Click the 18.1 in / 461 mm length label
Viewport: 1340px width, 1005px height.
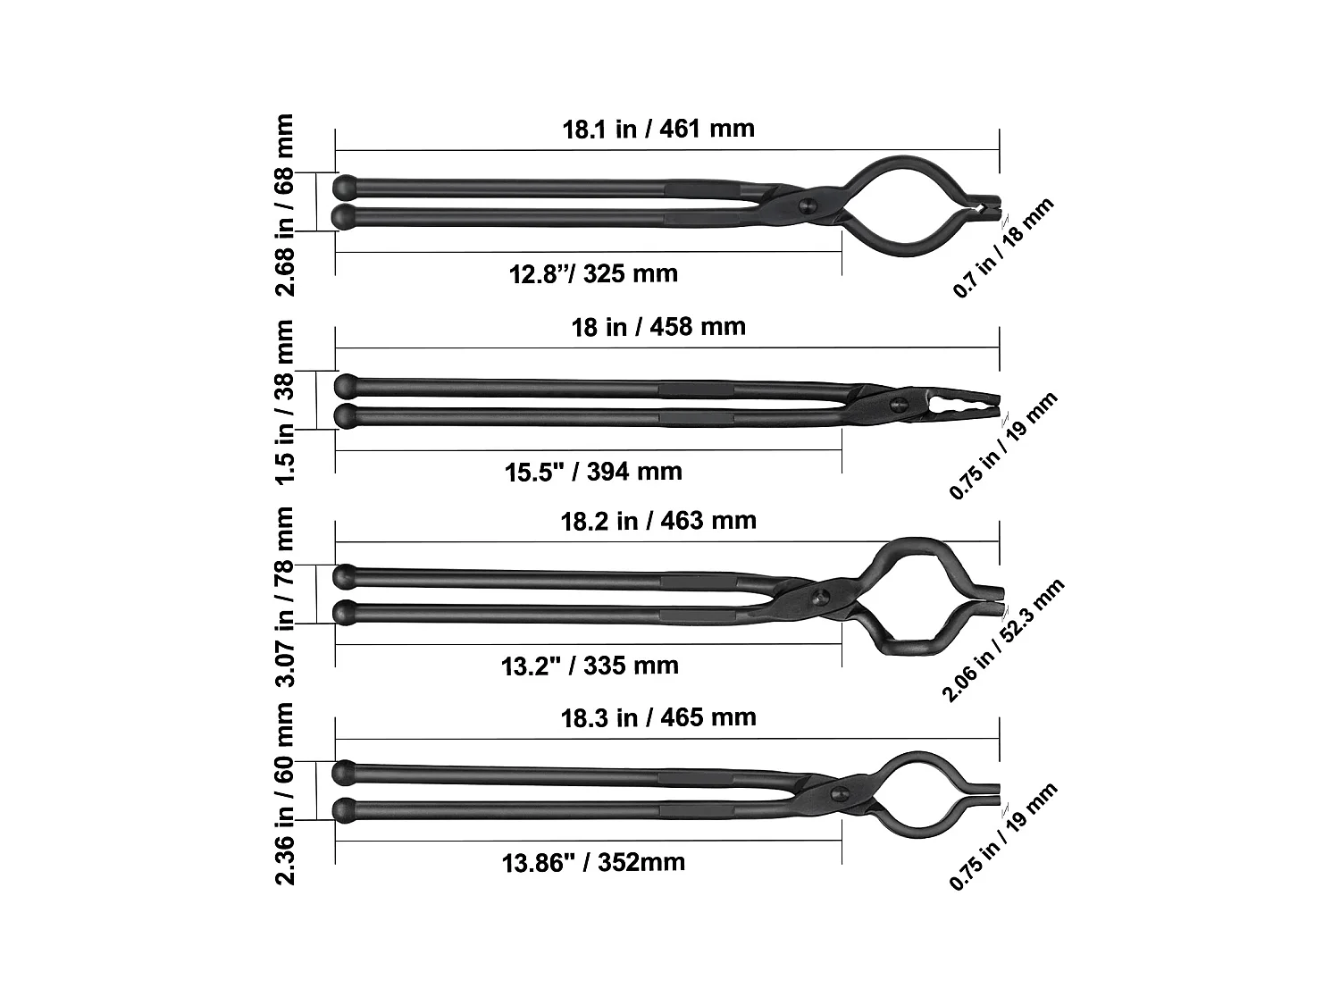pos(658,129)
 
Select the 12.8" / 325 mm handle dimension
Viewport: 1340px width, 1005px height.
pos(593,272)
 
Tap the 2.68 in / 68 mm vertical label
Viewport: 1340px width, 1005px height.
pos(284,204)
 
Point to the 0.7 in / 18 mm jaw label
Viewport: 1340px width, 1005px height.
pos(1003,247)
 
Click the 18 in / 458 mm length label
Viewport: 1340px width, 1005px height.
pos(658,326)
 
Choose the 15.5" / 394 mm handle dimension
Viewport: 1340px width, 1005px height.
pos(593,471)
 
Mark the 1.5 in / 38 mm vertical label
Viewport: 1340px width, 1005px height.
pos(284,401)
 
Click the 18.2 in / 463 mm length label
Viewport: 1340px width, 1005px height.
pos(658,521)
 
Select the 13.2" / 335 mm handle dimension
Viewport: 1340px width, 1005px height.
pos(590,666)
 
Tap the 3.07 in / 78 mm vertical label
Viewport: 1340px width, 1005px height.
pos(284,596)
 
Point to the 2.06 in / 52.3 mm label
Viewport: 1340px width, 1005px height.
pos(1002,640)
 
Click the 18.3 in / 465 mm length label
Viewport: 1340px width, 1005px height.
pos(658,717)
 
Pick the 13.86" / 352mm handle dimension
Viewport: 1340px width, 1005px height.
pos(593,862)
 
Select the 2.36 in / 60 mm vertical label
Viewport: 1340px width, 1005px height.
pos(284,792)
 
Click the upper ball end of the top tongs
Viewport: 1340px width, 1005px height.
pos(344,187)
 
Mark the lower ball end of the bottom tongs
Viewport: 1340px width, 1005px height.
pos(344,810)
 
